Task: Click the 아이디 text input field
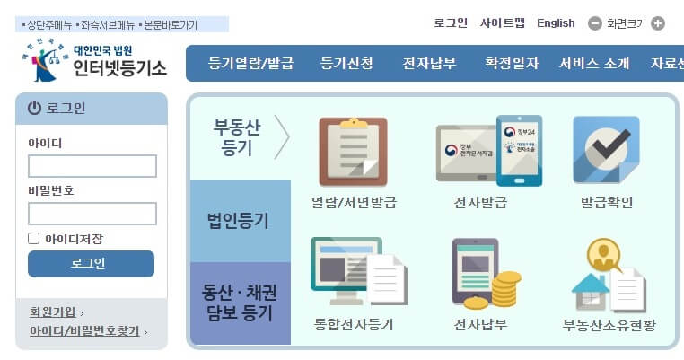[92, 166]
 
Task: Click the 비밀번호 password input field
[92, 214]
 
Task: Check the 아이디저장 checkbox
[34, 239]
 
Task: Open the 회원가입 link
[53, 312]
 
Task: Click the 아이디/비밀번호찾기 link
[84, 331]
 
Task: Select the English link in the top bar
[556, 23]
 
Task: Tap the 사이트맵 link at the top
[503, 23]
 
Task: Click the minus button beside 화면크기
[595, 23]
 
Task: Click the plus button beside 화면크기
[658, 23]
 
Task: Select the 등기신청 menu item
[346, 64]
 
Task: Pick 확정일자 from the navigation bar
[512, 64]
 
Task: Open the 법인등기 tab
[238, 221]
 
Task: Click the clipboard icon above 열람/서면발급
[354, 152]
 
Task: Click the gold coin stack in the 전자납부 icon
[506, 290]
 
